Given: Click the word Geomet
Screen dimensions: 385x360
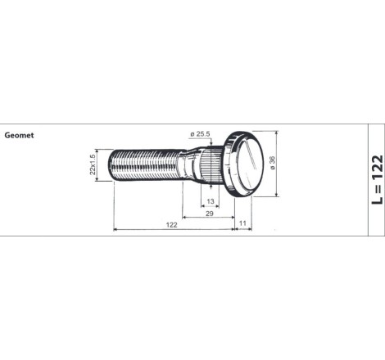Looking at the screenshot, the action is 19,135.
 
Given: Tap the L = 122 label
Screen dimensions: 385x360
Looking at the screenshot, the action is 378,179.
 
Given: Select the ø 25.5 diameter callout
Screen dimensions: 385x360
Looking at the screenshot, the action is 201,134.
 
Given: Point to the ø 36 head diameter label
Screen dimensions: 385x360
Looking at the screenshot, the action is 273,163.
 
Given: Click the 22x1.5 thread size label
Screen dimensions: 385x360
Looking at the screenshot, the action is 93,164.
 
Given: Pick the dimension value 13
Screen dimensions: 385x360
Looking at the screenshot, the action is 211,201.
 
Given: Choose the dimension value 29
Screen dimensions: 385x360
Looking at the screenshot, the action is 209,214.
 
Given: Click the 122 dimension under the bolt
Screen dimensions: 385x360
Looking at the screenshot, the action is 171,225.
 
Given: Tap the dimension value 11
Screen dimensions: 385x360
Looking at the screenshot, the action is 242,223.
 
